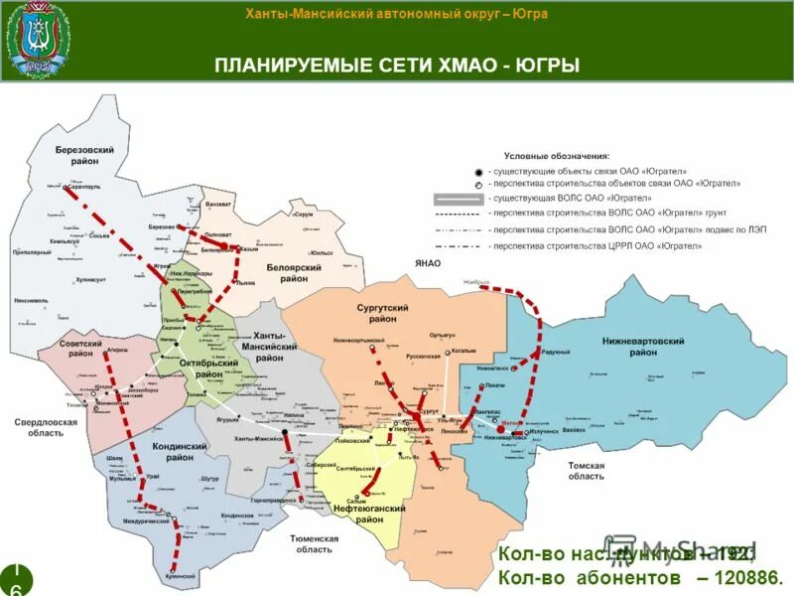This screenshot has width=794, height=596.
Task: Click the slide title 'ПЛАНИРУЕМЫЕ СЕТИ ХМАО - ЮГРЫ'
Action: pos(397,66)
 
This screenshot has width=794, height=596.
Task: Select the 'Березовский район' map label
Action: pos(83,154)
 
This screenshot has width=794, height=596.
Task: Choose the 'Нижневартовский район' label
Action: pos(643,347)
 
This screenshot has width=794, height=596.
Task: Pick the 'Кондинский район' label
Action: pos(179,453)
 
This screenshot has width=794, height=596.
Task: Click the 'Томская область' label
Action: pos(585,471)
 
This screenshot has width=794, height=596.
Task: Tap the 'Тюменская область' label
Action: pos(315,543)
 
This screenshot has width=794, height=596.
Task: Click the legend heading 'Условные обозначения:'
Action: pos(557,156)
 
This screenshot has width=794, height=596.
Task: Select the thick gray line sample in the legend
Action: pos(458,198)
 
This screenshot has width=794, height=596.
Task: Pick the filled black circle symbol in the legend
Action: pos(478,171)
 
